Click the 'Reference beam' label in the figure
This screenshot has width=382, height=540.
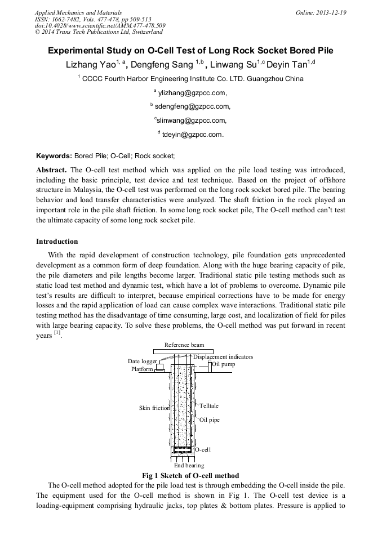(184, 345)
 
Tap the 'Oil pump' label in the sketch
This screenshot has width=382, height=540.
(224, 364)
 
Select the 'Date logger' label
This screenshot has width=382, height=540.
(143, 362)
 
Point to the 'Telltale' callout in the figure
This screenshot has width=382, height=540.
(208, 405)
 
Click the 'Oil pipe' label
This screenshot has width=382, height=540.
(210, 420)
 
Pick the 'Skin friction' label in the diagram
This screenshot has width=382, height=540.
(154, 408)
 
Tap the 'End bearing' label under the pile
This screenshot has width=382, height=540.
(189, 466)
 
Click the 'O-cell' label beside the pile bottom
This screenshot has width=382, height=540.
(203, 450)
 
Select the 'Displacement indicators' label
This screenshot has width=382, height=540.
(223, 356)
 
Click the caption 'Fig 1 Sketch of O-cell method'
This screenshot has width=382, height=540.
(190, 476)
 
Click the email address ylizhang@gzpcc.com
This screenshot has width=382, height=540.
(192, 93)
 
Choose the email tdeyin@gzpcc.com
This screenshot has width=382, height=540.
(193, 135)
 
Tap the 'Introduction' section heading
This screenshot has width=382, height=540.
(57, 242)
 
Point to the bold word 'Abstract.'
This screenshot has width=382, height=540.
(52, 169)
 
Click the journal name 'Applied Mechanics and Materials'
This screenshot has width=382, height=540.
(78, 12)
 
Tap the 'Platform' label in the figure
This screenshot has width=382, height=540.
(142, 369)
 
